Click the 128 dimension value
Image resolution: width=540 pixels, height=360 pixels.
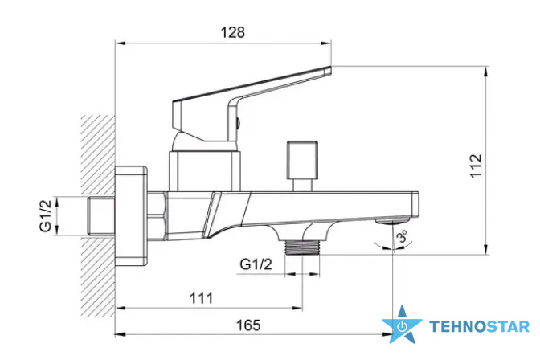tap(232, 32)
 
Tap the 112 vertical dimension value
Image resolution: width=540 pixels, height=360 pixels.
tap(476, 166)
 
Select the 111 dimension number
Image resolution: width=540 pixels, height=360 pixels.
tap(202, 298)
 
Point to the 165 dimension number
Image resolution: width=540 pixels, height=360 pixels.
tap(248, 325)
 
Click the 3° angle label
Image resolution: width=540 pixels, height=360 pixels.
tap(403, 237)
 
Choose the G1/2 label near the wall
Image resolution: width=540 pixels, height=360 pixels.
tap(46, 215)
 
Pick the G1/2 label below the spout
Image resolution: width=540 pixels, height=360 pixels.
tap(256, 264)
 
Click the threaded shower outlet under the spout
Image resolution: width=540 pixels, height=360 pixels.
tap(303, 247)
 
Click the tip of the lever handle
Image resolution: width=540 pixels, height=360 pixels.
tap(329, 70)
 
